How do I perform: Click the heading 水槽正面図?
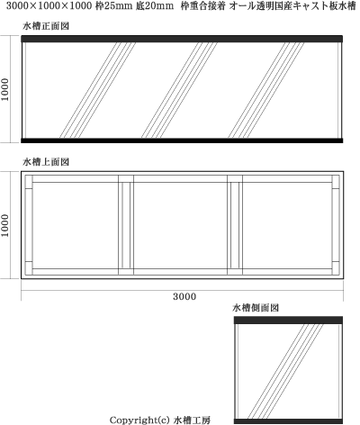[46, 26]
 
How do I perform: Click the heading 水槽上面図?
[46, 162]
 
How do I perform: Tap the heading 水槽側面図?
[256, 308]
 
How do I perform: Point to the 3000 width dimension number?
[184, 296]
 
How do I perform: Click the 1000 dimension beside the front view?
[5, 89]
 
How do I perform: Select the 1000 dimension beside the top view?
[5, 225]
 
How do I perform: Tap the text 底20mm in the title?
[155, 6]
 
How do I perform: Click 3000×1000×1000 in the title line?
[49, 6]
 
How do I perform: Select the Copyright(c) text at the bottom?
[140, 420]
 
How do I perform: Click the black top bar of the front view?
[182, 39]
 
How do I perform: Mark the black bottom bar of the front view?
[182, 140]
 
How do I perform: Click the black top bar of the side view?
[288, 320]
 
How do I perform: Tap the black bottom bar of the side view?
[288, 421]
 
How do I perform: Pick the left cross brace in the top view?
[126, 225]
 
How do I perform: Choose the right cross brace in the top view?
[235, 225]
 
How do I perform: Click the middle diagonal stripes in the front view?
[179, 90]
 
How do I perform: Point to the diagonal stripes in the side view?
[285, 371]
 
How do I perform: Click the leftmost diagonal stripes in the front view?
[97, 90]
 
